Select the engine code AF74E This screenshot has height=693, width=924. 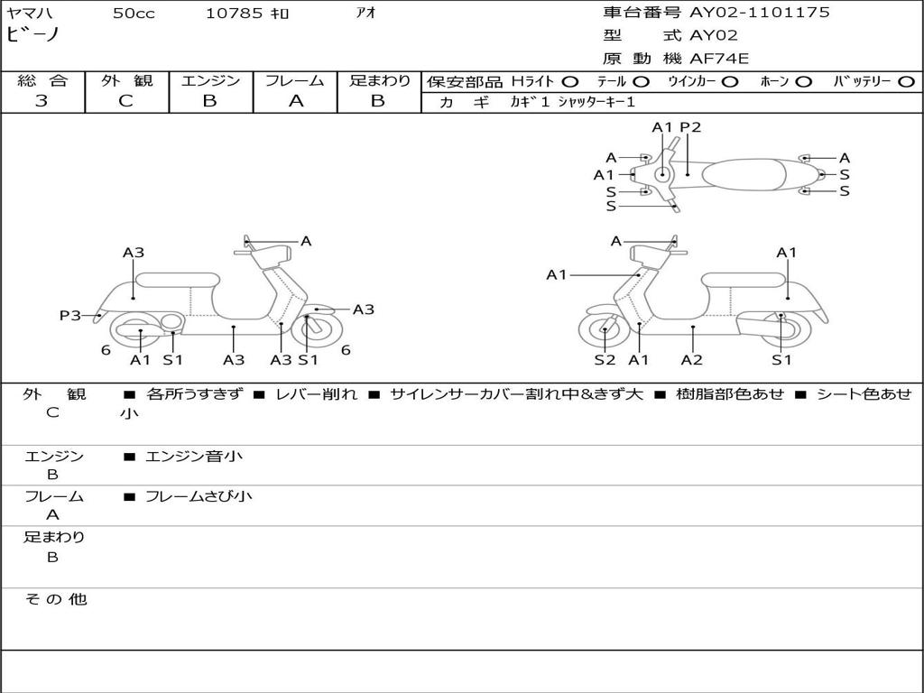(719, 59)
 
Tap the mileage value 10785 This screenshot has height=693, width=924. (235, 14)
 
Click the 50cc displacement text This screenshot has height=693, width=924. (134, 14)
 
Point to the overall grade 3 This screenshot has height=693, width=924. (42, 101)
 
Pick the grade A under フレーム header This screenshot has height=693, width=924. (295, 101)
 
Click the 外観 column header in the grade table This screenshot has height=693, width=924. (126, 80)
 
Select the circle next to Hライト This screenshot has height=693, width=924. (570, 81)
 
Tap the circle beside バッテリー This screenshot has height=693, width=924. (907, 81)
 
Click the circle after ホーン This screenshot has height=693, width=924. (804, 81)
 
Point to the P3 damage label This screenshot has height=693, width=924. (69, 316)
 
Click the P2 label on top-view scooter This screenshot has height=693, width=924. (690, 127)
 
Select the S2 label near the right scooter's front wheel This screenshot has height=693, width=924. (605, 360)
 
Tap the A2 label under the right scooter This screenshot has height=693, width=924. (692, 360)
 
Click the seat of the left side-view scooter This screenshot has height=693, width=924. (177, 279)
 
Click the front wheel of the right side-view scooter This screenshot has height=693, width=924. (604, 331)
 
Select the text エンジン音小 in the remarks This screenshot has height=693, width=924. (194, 457)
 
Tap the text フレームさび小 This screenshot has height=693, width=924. (199, 496)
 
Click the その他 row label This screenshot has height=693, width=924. (55, 599)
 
